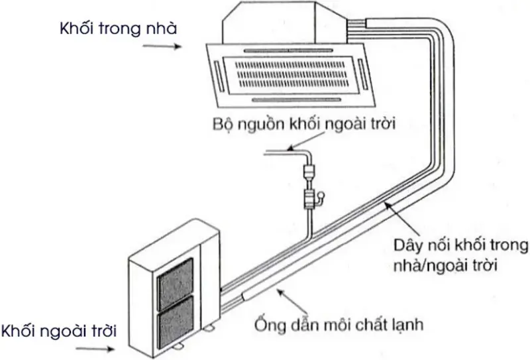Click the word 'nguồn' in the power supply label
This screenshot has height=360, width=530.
pyautogui.click(x=262, y=124)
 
